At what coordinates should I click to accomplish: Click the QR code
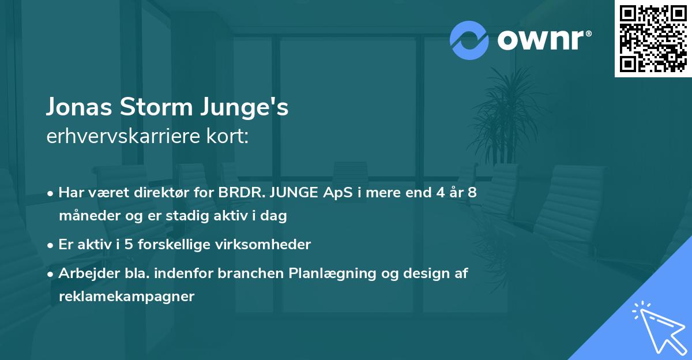click(x=653, y=39)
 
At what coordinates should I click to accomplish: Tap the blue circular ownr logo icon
click(x=469, y=40)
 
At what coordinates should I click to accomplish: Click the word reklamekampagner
click(x=126, y=297)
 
